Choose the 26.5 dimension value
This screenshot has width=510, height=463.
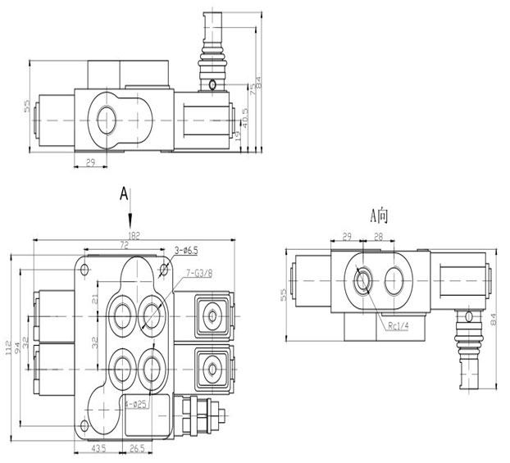click(136, 448)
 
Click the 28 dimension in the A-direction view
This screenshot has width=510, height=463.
click(378, 237)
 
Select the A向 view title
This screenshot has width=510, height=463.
click(378, 216)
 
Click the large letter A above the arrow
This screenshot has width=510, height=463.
click(124, 193)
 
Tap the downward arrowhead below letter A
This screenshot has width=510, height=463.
click(130, 225)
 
